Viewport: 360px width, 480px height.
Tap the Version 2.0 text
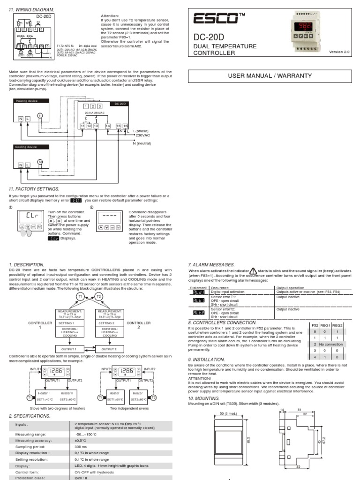coord(339,52)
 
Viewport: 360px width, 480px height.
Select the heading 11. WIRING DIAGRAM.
coord(31,10)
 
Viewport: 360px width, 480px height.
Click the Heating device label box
coord(26,101)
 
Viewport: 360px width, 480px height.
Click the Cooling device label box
coord(26,147)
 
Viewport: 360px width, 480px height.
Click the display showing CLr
coord(31,217)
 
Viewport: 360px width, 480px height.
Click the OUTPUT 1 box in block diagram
coord(72,349)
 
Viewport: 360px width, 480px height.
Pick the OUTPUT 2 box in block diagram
coord(109,349)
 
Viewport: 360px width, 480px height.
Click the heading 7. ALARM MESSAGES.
coord(211,265)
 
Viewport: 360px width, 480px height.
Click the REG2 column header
coord(337,324)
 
